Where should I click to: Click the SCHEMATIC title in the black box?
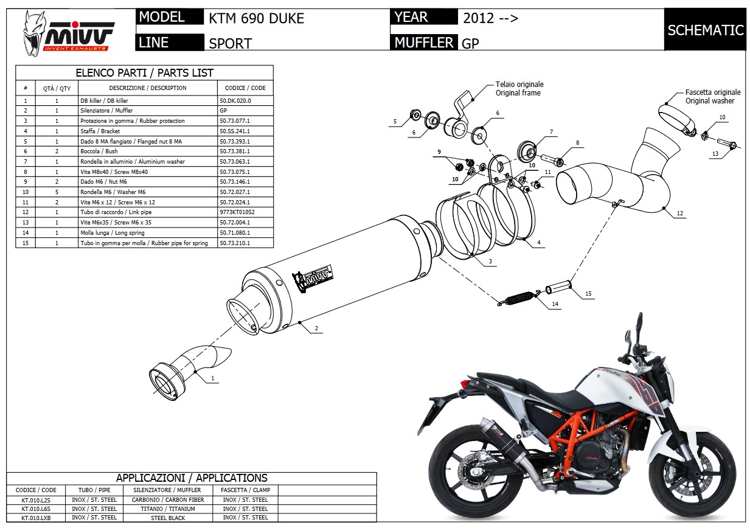[x=705, y=30]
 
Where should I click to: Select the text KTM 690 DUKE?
[x=256, y=18]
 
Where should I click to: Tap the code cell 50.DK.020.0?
[x=235, y=100]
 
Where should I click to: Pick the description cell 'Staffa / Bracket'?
[x=100, y=131]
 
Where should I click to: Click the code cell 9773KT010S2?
[x=237, y=212]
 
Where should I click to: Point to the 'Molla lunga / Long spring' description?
[x=113, y=232]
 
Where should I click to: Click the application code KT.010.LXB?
[x=35, y=518]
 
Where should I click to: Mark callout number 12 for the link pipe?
[x=679, y=213]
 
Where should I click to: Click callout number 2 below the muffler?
[x=316, y=328]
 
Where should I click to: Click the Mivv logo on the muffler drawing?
[x=314, y=278]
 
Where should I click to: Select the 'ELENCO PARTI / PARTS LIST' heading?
[x=144, y=73]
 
